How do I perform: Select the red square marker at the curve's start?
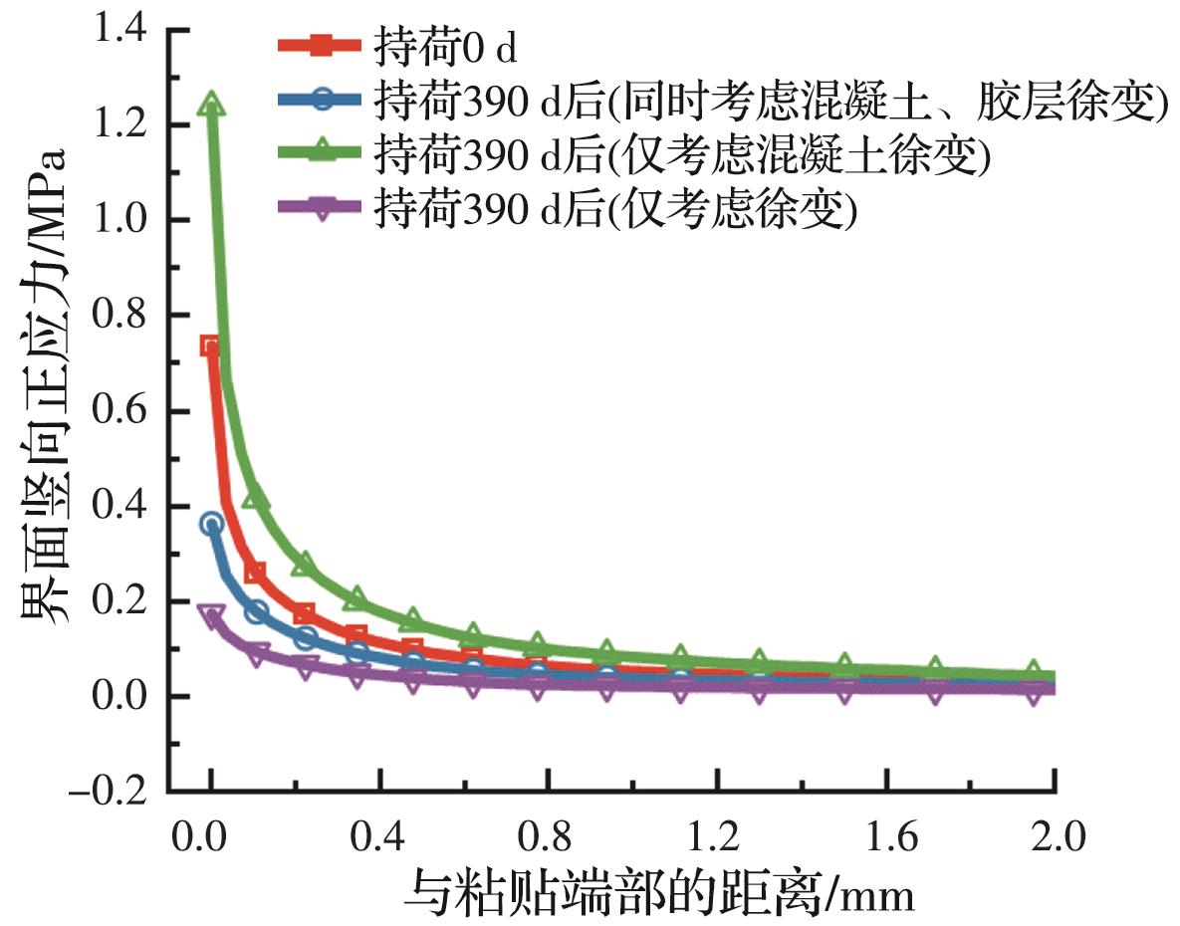210,347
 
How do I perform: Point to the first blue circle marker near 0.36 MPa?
211,524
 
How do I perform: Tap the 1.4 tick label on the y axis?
118,30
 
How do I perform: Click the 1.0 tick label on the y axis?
118,220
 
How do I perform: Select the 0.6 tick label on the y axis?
118,411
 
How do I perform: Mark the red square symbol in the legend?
321,46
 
